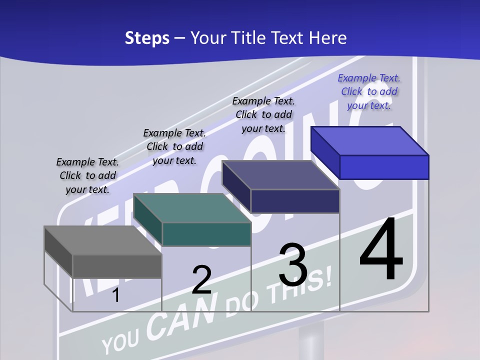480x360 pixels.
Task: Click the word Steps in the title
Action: coord(147,38)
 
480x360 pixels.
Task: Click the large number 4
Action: coord(381,249)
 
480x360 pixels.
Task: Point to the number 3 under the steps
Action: coord(293,265)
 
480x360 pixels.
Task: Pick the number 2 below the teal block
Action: coord(201,280)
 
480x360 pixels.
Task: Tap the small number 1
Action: coord(116,295)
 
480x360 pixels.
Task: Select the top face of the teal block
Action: coord(191,208)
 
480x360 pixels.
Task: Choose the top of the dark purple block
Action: coord(280,175)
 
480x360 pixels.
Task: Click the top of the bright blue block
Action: coord(369,141)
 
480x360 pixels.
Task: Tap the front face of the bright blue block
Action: coord(384,167)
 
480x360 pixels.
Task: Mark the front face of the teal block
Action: coord(206,234)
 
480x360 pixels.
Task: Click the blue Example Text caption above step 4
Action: coord(369,91)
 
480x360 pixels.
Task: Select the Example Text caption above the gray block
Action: coord(87,175)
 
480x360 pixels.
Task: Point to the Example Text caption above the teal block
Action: coord(174,146)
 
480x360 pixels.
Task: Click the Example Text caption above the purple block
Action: coord(263,114)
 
